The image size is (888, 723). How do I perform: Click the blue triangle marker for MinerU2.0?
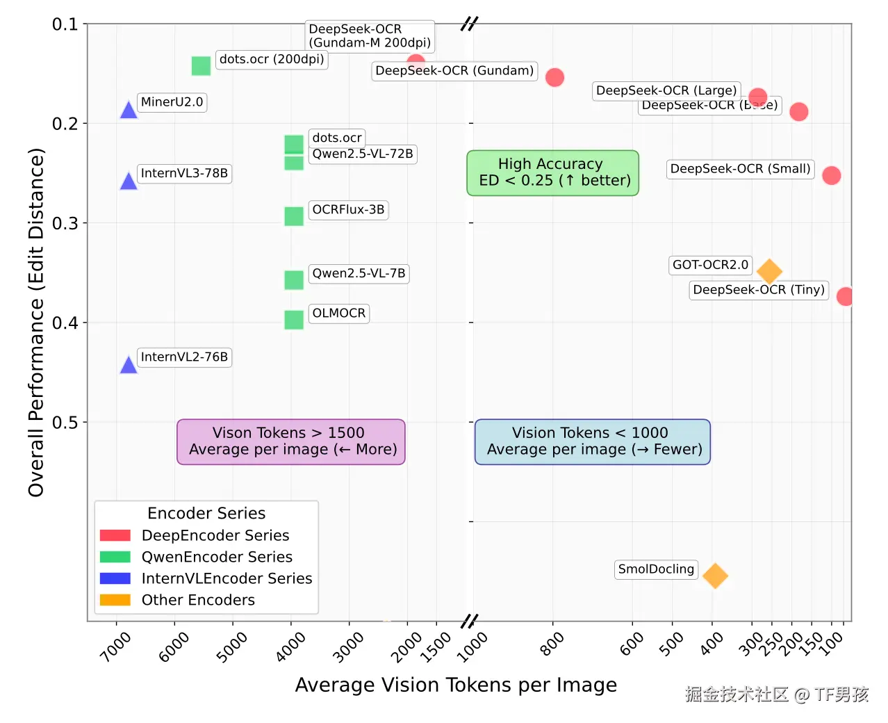coord(129,110)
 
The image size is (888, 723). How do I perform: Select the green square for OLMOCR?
coord(294,320)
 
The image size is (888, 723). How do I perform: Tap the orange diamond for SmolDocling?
coord(715,576)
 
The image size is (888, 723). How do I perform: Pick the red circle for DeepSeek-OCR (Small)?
coord(831,175)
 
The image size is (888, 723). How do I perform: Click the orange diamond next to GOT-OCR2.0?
coord(769,271)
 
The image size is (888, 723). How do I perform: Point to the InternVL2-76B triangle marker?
coord(129,365)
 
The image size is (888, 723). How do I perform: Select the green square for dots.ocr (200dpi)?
coord(201,66)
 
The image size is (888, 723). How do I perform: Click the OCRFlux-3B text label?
coord(348,210)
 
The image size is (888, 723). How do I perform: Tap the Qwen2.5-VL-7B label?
coord(359,273)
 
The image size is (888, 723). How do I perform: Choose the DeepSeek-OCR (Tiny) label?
coord(759,290)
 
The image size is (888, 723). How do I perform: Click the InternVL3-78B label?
coord(184,173)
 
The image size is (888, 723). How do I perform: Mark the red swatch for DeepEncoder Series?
coord(115,535)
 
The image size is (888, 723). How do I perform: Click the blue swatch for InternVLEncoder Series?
coord(115,578)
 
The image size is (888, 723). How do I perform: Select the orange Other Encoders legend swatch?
coord(115,600)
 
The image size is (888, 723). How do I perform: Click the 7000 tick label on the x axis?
coord(115,647)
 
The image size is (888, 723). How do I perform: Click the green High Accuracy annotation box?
coord(553,172)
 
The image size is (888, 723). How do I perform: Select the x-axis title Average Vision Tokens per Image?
coord(456,685)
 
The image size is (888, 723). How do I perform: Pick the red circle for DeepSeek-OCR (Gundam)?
coord(554,77)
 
